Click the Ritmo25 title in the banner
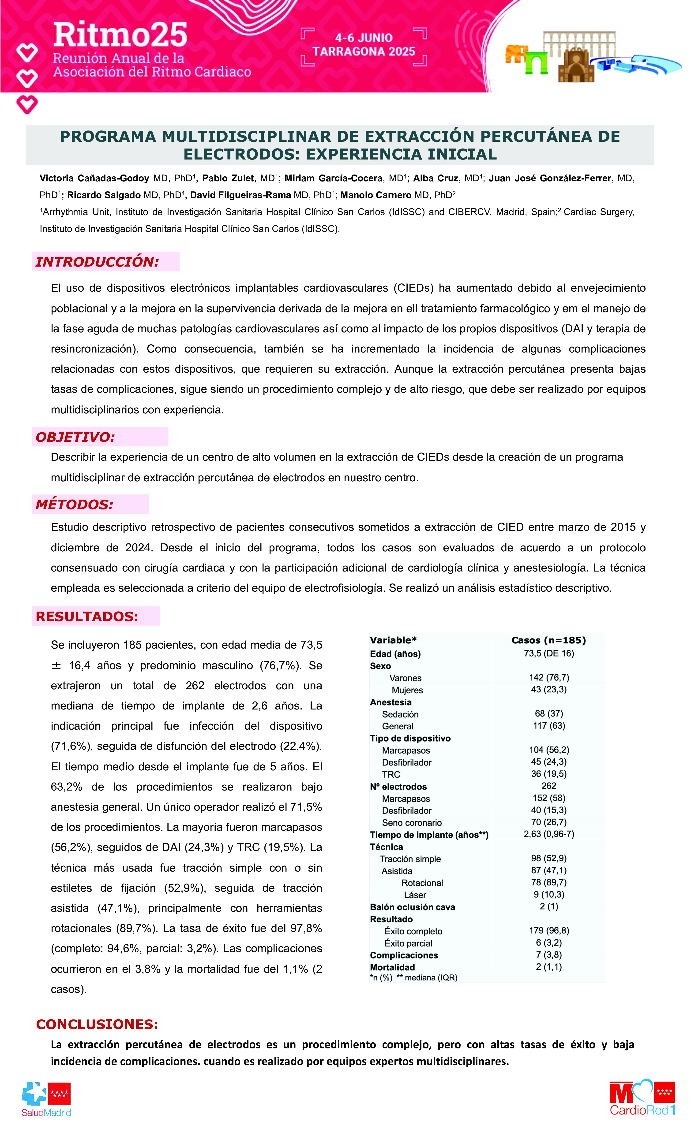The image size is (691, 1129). tap(120, 35)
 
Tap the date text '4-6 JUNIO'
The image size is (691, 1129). tap(364, 38)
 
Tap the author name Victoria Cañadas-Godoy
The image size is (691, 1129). tap(94, 178)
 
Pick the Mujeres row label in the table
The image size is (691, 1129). tap(407, 690)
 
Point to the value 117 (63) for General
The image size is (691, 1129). tap(549, 726)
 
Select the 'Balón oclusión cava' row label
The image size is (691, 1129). tap(412, 907)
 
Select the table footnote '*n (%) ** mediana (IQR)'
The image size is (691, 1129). tap(413, 978)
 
